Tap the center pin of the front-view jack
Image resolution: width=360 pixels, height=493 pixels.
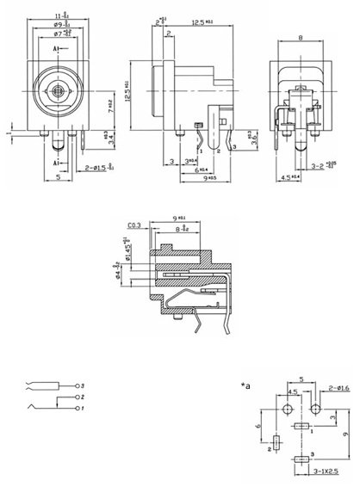tap(57, 89)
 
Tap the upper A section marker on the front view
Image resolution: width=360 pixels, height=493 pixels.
tap(56, 51)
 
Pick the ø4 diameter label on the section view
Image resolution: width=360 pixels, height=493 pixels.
tap(129, 276)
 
